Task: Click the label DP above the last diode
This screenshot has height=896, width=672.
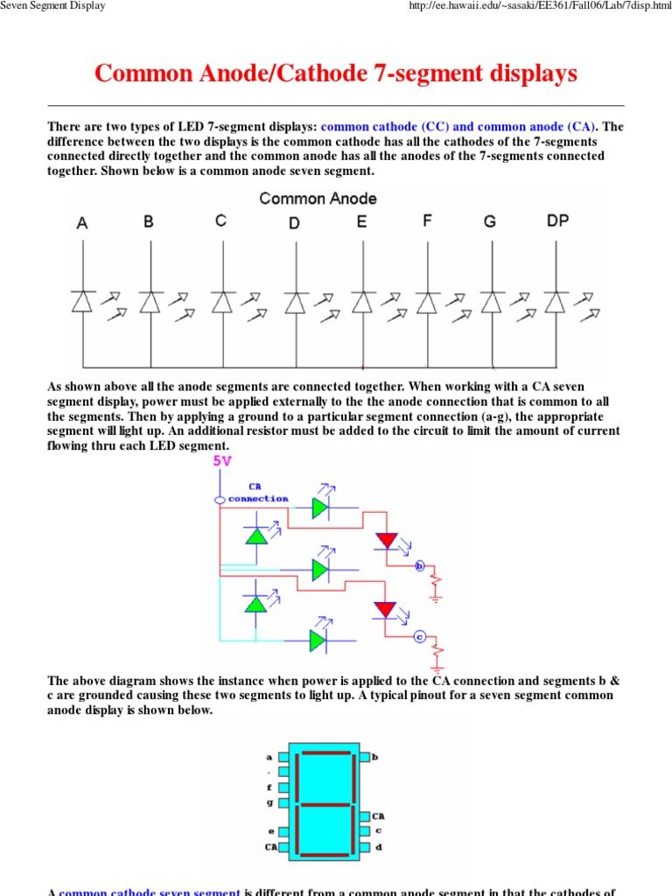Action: click(557, 221)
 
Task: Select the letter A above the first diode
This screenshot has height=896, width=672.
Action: click(82, 223)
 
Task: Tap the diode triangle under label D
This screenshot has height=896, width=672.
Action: click(295, 302)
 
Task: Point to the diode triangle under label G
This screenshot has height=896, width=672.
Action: click(492, 302)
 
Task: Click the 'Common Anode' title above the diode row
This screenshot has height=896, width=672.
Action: click(318, 199)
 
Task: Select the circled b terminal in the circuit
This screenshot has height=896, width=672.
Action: click(419, 565)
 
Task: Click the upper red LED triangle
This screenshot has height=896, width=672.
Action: click(386, 541)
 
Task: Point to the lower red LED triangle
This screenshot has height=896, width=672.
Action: click(386, 608)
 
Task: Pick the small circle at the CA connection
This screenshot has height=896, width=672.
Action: click(220, 499)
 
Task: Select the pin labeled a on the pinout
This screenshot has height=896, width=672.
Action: click(283, 756)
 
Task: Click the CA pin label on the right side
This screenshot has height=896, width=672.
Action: click(379, 815)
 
